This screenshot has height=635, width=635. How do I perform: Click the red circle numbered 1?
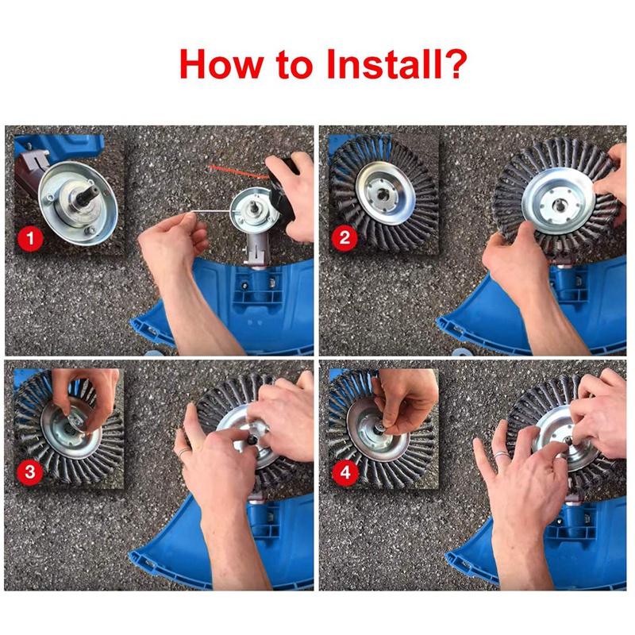30,237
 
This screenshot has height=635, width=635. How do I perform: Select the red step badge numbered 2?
344,237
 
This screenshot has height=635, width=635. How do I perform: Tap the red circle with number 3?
30,473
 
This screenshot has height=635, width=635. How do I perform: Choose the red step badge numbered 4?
344,473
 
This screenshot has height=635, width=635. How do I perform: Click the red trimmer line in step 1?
238,171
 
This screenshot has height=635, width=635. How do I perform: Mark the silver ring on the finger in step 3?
183,453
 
